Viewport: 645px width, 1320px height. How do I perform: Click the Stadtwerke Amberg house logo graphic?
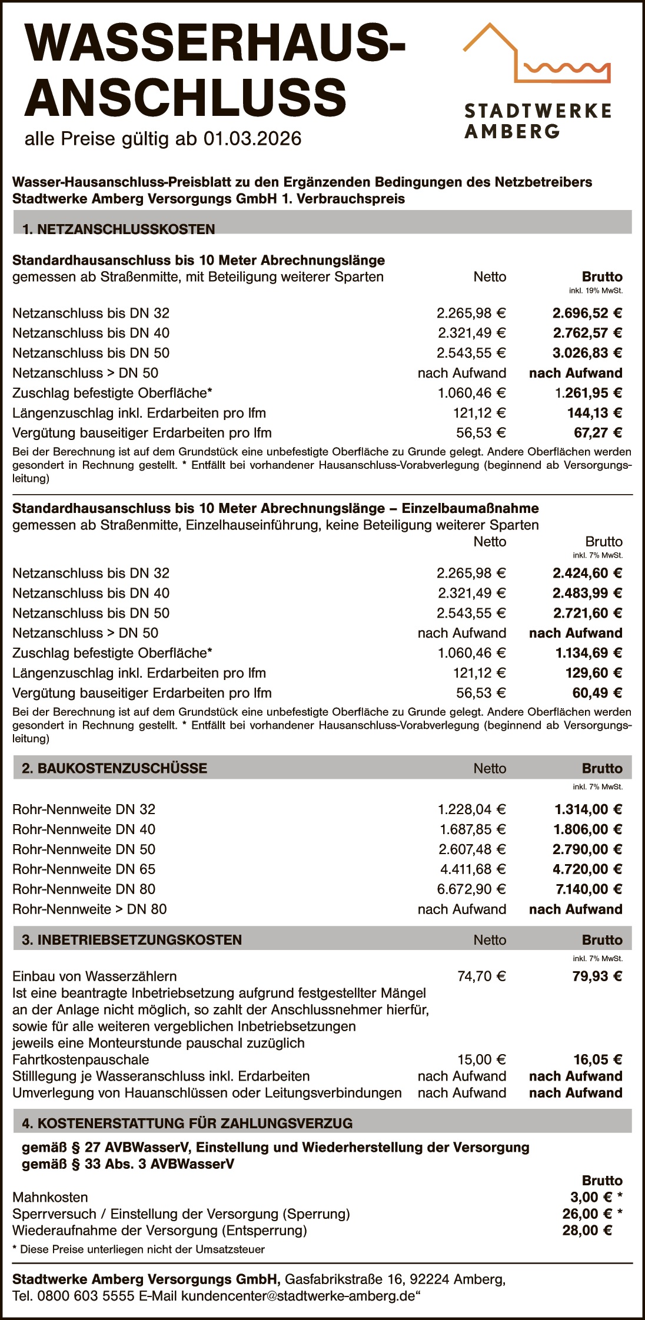click(536, 54)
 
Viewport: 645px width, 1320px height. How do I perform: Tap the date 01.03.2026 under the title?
click(252, 139)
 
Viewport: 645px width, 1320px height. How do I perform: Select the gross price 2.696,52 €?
click(587, 313)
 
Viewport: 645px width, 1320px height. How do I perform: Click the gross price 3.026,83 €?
click(587, 353)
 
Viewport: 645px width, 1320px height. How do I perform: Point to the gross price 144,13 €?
click(594, 413)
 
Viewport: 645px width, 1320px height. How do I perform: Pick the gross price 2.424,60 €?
click(587, 573)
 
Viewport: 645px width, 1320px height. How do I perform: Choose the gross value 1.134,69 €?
click(589, 653)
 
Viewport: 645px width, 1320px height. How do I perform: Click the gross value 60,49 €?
click(597, 693)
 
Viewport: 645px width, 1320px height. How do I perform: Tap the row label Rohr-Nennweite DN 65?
click(84, 869)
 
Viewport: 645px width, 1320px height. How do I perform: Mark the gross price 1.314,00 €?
click(588, 809)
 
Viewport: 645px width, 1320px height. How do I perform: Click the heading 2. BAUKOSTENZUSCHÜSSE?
click(114, 768)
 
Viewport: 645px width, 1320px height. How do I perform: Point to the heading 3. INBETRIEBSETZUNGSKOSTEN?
click(132, 940)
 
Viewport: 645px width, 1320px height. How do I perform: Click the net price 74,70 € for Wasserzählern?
click(481, 976)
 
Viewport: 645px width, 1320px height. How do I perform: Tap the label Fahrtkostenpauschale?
click(81, 1059)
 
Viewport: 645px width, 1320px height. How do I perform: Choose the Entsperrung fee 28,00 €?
click(587, 1230)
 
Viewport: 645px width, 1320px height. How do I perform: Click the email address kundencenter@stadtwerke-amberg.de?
click(298, 1296)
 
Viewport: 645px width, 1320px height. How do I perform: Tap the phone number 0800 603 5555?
click(86, 1296)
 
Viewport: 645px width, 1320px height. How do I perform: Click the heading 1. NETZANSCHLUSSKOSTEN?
click(118, 229)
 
